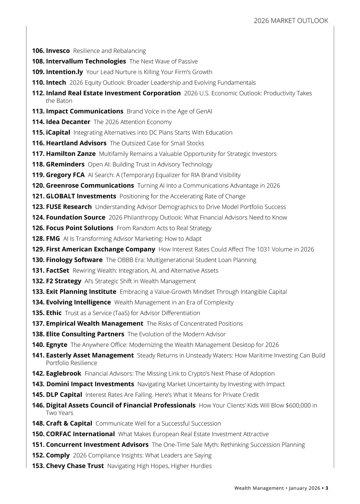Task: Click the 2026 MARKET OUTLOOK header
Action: (x=291, y=21)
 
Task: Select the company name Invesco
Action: (x=58, y=51)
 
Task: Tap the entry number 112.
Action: (x=38, y=93)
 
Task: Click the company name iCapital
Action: (x=58, y=133)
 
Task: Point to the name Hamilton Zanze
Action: (x=71, y=154)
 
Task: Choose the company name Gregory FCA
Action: (x=65, y=175)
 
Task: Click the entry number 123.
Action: (x=38, y=207)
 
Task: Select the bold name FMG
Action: (x=53, y=239)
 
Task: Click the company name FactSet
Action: (x=58, y=271)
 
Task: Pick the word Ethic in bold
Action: (x=54, y=313)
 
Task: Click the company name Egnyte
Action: (x=57, y=345)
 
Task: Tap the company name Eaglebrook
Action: (x=64, y=373)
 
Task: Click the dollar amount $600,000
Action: (x=298, y=406)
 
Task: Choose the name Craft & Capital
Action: (x=69, y=424)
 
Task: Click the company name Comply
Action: (x=58, y=455)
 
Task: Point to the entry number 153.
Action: (x=38, y=466)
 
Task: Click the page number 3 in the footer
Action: (x=327, y=488)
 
